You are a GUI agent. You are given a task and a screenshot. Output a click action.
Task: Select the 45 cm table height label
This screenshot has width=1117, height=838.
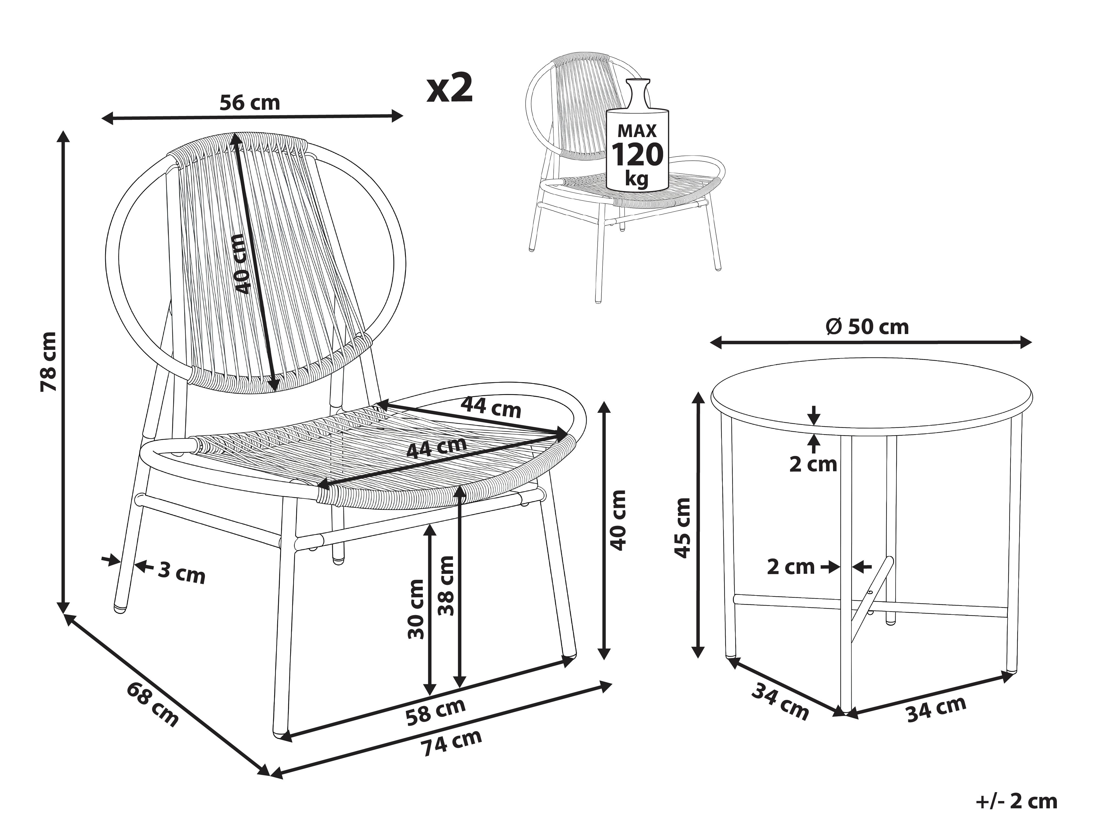(683, 528)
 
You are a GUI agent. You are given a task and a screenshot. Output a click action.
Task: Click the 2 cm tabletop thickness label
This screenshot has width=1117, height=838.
(813, 464)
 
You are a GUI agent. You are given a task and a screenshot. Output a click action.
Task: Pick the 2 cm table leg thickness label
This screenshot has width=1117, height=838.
(791, 567)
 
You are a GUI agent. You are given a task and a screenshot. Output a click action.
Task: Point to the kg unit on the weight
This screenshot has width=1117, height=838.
(637, 179)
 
